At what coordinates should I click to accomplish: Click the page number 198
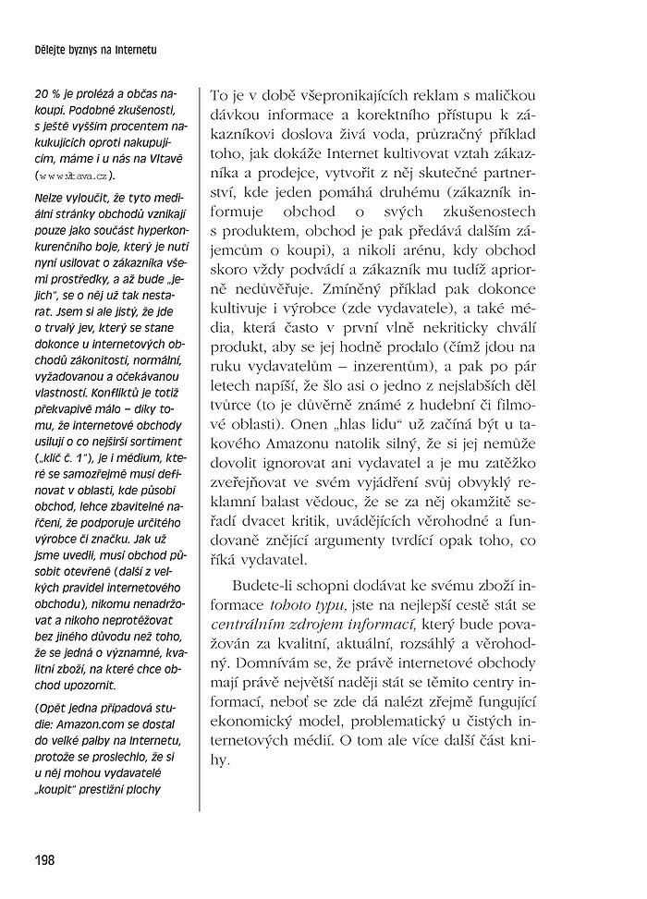43,860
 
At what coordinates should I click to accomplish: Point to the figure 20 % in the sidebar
46,94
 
